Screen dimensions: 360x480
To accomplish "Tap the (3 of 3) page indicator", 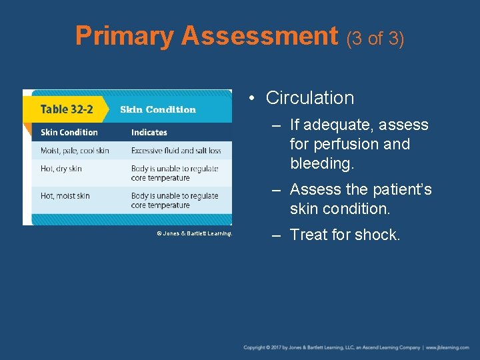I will point(375,39).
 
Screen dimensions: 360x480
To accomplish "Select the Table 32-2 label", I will point(67,109).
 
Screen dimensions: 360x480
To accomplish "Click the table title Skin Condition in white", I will point(158,109).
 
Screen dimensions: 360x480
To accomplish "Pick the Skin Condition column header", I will point(69,132).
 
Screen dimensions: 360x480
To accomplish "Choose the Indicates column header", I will point(149,132).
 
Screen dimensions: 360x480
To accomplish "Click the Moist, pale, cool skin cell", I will point(75,151).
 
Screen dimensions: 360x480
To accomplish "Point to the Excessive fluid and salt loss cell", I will point(176,151).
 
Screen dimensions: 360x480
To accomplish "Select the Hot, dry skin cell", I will point(61,169).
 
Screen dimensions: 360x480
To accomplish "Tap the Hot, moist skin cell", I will point(65,196).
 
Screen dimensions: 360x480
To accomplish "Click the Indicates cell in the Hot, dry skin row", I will point(175,173).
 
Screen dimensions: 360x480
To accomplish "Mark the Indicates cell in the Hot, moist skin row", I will point(175,201).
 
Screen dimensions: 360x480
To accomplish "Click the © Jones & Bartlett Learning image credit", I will point(194,233).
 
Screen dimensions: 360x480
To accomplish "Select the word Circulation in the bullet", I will point(309,98).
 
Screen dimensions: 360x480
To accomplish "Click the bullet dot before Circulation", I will point(252,99).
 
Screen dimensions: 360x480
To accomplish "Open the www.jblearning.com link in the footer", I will point(448,347).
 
